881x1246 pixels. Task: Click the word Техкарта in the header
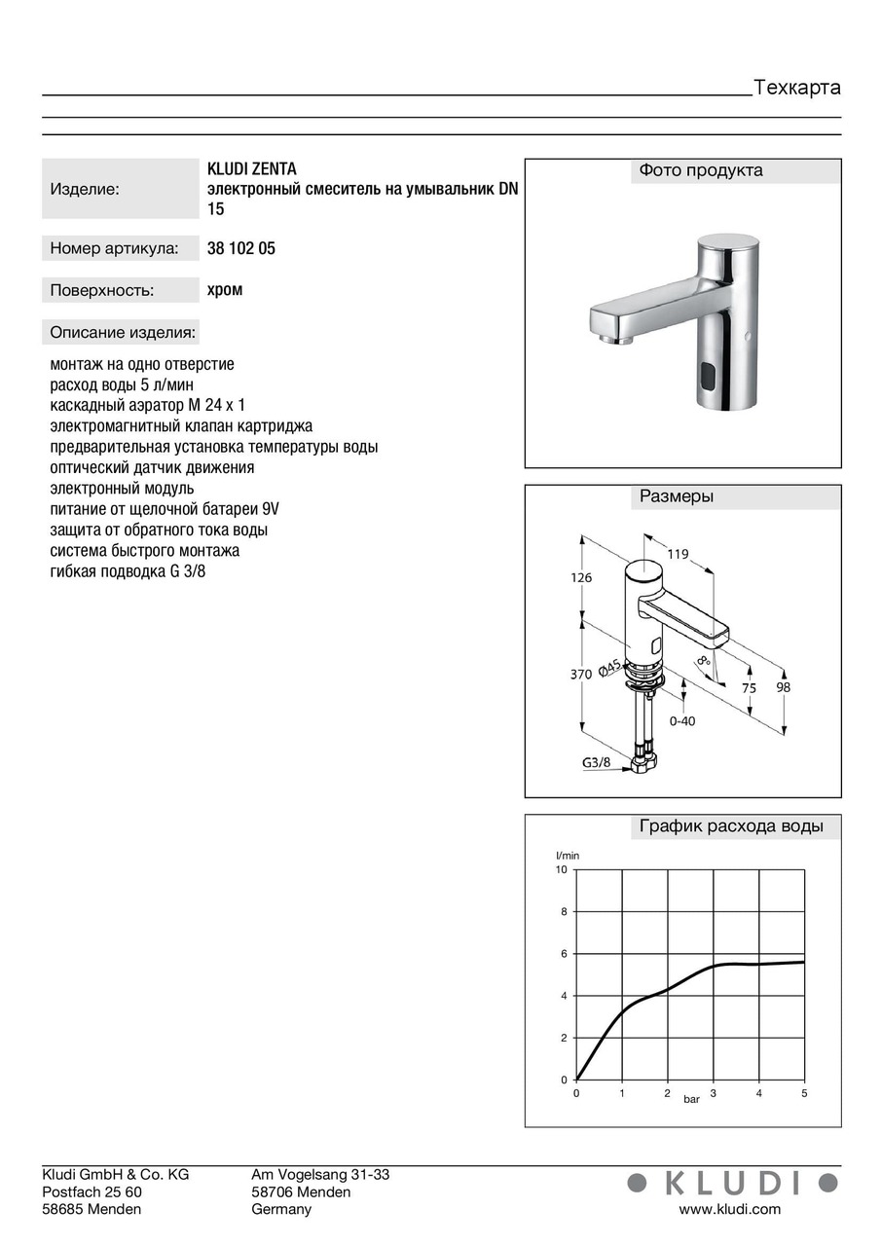pyautogui.click(x=797, y=88)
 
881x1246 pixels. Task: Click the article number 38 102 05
pyautogui.click(x=241, y=248)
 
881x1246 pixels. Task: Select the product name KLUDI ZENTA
pyautogui.click(x=252, y=169)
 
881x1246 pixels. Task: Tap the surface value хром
pyautogui.click(x=225, y=289)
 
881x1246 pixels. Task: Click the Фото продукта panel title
pyautogui.click(x=701, y=170)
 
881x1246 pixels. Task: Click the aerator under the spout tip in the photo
pyautogui.click(x=613, y=340)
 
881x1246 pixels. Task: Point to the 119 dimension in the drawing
pyautogui.click(x=678, y=554)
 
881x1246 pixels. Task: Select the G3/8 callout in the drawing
pyautogui.click(x=597, y=762)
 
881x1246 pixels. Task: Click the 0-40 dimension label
pyautogui.click(x=682, y=721)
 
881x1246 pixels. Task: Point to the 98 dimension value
pyautogui.click(x=784, y=687)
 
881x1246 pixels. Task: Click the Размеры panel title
pyautogui.click(x=677, y=496)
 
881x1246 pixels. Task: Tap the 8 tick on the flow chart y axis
pyautogui.click(x=563, y=912)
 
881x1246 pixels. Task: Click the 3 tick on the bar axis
pyautogui.click(x=714, y=1093)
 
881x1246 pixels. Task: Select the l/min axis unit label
pyautogui.click(x=568, y=855)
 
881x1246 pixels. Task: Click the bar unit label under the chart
pyautogui.click(x=691, y=1099)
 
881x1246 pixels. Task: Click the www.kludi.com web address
pyautogui.click(x=729, y=1209)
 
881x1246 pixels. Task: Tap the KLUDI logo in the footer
pyautogui.click(x=732, y=1183)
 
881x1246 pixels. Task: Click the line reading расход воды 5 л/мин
pyautogui.click(x=122, y=385)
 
